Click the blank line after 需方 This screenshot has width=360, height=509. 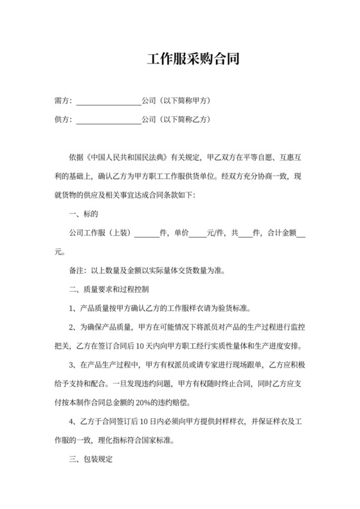[x=109, y=102]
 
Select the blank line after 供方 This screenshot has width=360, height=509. [x=109, y=120]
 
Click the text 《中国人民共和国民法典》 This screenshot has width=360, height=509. [x=126, y=156]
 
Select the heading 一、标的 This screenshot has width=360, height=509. [x=83, y=213]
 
